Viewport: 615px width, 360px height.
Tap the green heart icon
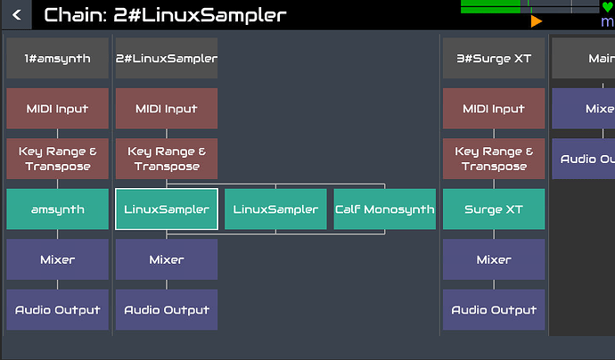click(607, 7)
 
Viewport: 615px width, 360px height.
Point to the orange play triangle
click(536, 20)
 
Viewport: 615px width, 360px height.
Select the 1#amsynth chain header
click(57, 58)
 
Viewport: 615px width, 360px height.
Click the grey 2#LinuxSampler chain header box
click(167, 58)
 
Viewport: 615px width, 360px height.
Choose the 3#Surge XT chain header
click(494, 58)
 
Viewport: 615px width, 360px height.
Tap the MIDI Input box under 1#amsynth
click(57, 109)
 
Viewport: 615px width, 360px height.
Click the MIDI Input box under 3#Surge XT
click(494, 109)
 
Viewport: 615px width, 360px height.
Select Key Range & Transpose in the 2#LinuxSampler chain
click(167, 159)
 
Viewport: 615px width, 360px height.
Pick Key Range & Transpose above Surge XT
click(494, 159)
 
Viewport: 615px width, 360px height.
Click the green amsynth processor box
click(57, 209)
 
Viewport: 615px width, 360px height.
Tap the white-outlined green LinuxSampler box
click(167, 209)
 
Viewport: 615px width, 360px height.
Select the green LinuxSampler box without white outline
click(275, 209)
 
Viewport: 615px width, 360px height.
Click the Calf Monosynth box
click(385, 209)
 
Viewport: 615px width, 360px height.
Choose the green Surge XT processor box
click(494, 209)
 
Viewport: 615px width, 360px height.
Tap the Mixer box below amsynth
click(57, 259)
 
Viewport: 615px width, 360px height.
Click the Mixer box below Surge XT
click(494, 259)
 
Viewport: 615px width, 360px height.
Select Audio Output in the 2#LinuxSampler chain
click(167, 310)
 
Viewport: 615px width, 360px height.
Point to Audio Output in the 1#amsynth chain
click(57, 310)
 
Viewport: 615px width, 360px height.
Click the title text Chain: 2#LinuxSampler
click(165, 14)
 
